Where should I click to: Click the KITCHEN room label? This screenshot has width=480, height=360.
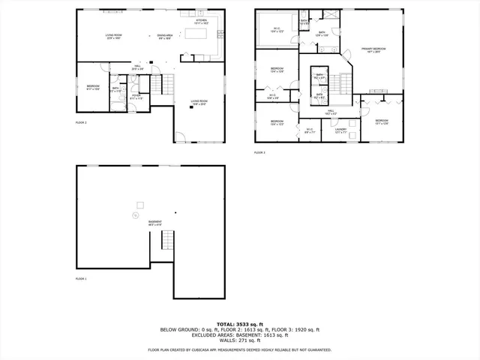pyautogui.click(x=201, y=22)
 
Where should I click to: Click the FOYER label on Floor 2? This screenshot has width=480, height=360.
pyautogui.click(x=136, y=96)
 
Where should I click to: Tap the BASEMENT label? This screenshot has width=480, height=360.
pyautogui.click(x=154, y=223)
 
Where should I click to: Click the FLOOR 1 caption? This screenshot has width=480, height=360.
pyautogui.click(x=81, y=279)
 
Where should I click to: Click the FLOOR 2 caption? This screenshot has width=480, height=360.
pyautogui.click(x=81, y=121)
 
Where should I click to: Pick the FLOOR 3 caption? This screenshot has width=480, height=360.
pyautogui.click(x=259, y=152)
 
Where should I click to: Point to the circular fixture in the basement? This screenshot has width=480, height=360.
pyautogui.click(x=136, y=216)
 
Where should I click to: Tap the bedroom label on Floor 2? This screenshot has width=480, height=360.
pyautogui.click(x=92, y=87)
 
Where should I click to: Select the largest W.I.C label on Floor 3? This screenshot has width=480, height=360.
pyautogui.click(x=277, y=30)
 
